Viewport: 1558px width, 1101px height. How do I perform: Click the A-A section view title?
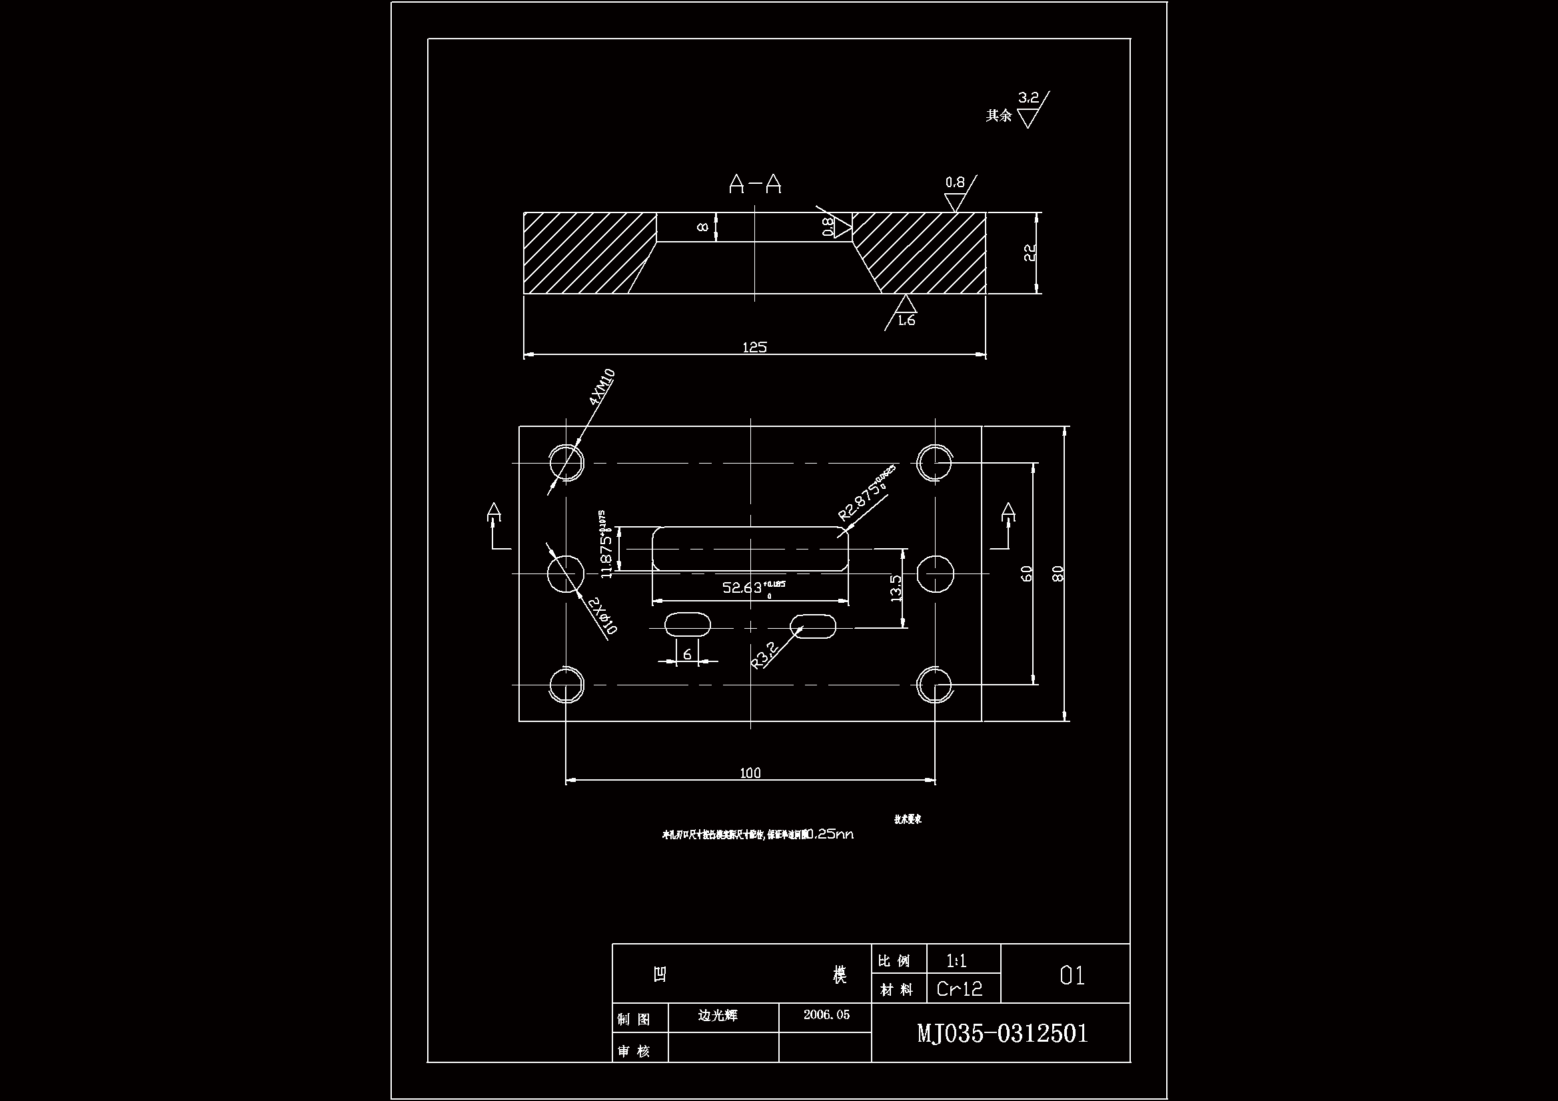point(754,184)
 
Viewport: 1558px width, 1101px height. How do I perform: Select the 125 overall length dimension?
point(754,347)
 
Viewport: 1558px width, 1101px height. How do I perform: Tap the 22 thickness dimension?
point(1030,253)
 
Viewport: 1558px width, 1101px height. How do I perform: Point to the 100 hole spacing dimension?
point(750,773)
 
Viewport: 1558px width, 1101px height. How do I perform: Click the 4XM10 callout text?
point(602,387)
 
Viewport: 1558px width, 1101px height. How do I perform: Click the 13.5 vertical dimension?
point(896,589)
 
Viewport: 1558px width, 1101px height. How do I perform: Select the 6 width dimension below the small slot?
point(688,654)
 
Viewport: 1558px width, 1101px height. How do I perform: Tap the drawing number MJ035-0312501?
point(1002,1033)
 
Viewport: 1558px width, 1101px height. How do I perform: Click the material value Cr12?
point(960,989)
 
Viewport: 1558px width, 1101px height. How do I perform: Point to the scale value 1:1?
point(957,960)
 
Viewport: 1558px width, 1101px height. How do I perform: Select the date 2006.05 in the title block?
point(826,1015)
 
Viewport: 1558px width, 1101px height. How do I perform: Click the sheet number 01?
point(1072,976)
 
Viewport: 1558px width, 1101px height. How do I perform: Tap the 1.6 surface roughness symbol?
point(906,320)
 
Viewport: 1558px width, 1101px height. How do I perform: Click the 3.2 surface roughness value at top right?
point(1029,98)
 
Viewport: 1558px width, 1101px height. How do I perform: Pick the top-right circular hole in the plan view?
point(934,463)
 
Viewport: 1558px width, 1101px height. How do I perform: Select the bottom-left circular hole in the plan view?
point(566,685)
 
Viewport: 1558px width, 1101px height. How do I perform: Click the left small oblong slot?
point(687,625)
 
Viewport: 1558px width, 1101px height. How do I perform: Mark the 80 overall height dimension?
point(1057,574)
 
